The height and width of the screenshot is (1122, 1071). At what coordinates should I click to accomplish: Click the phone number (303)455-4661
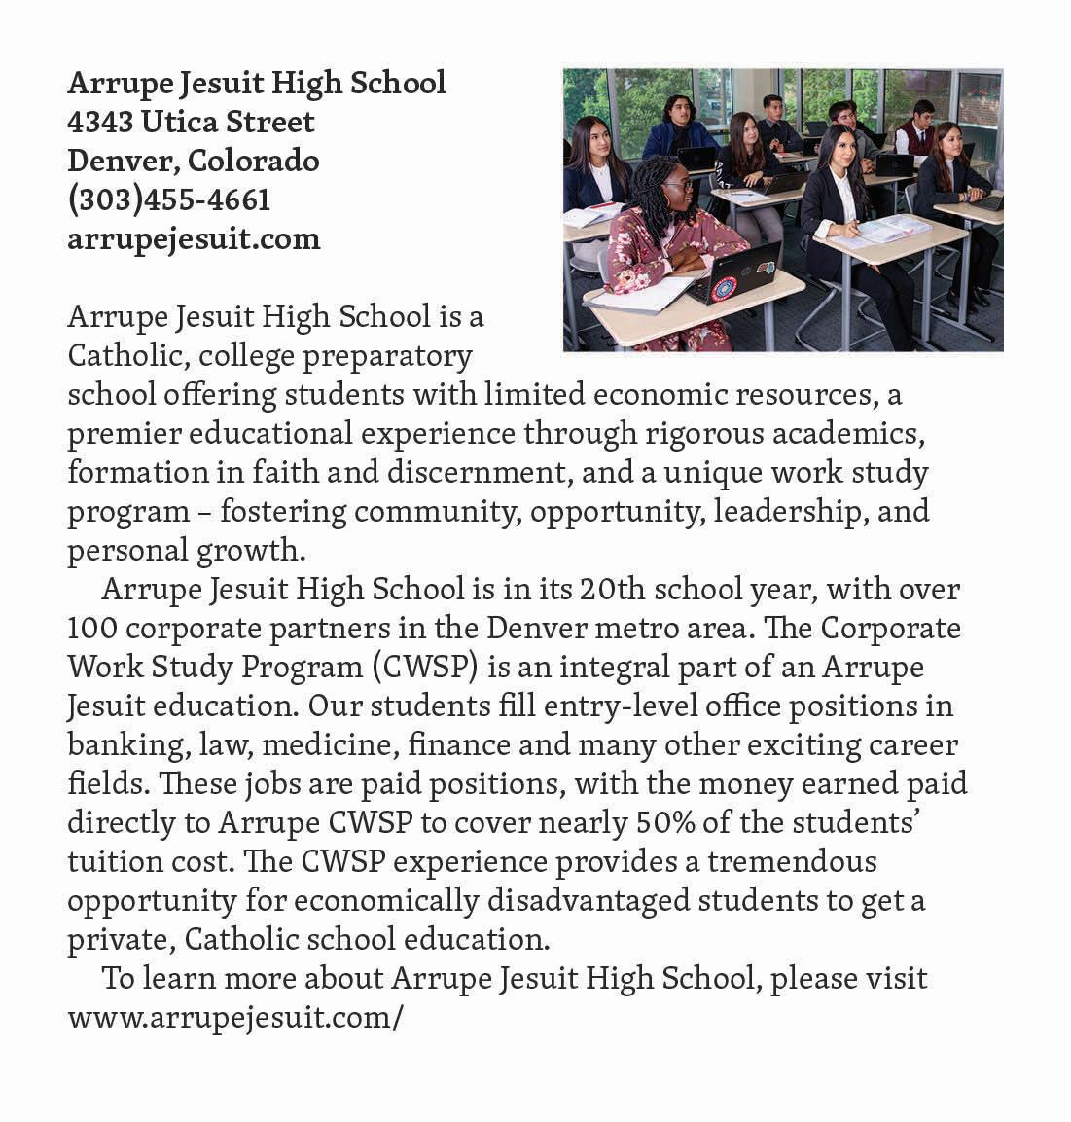[x=168, y=200]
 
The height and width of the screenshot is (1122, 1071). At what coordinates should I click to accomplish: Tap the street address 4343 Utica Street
[x=191, y=123]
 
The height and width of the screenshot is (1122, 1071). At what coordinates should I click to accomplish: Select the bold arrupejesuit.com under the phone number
[x=194, y=239]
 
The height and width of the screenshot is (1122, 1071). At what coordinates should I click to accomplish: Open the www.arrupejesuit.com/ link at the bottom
[x=234, y=1019]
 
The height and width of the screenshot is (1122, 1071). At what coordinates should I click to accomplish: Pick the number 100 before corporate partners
[x=92, y=629]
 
